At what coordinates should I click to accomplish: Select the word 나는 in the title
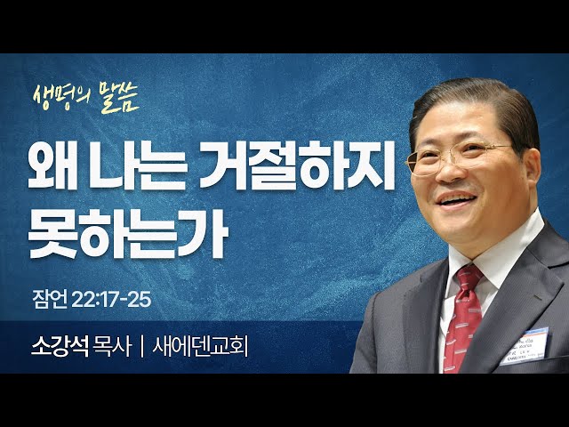pos(139,165)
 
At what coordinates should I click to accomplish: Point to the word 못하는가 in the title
pos(128,231)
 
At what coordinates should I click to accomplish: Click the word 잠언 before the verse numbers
pos(50,300)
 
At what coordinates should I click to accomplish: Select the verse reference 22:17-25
pos(111,300)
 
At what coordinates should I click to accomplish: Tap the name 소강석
pos(60,346)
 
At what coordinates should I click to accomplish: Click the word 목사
pos(111,346)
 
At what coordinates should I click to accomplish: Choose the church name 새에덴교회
pos(200,346)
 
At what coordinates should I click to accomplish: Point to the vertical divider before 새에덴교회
pos(141,347)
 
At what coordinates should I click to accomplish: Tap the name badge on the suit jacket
pos(525,346)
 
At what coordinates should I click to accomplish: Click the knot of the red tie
pos(469,278)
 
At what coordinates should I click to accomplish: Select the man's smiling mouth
pos(456,199)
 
